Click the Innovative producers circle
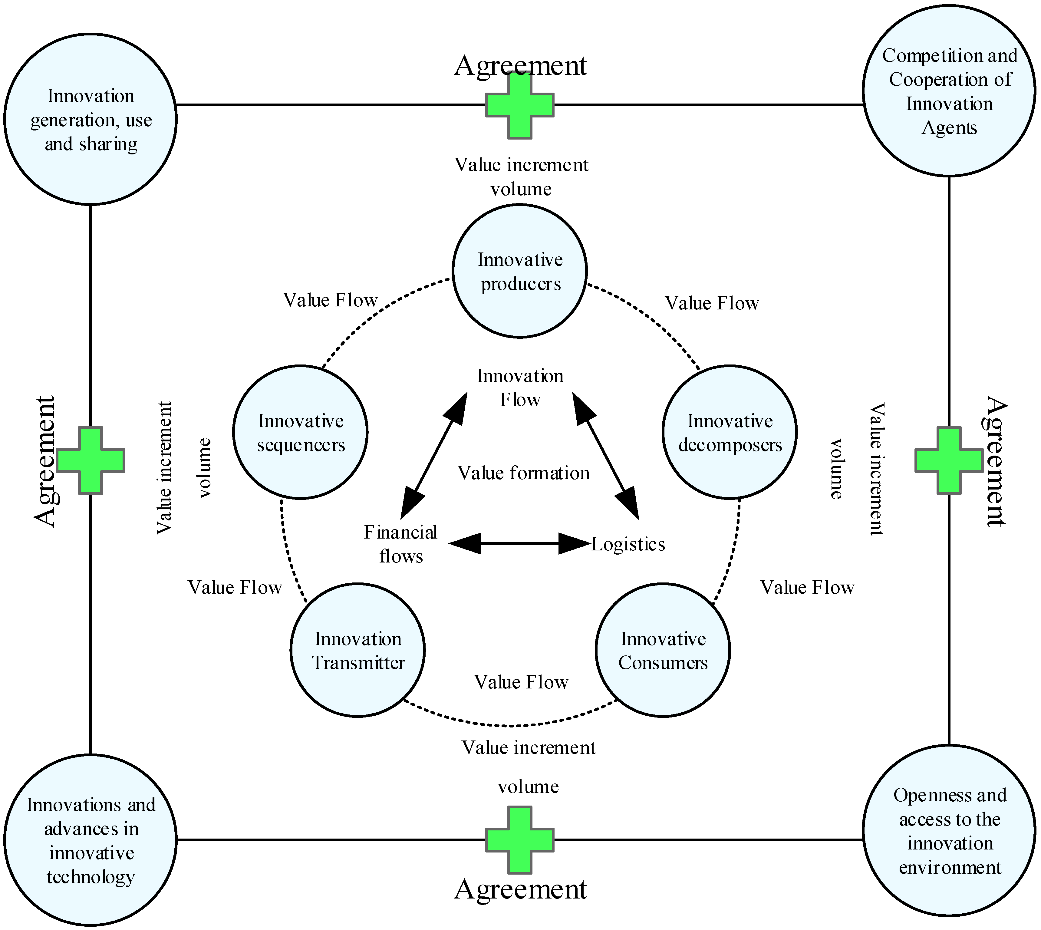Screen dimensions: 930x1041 (x=520, y=271)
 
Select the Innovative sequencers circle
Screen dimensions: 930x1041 (x=301, y=432)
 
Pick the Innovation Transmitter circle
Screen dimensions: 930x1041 (x=358, y=650)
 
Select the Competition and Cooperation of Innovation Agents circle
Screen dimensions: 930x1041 (x=949, y=91)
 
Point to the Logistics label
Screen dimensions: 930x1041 (x=628, y=544)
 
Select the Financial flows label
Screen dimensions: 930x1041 (x=401, y=544)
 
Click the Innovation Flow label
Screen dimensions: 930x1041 (x=520, y=388)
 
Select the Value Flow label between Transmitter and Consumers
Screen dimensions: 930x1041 (x=521, y=682)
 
